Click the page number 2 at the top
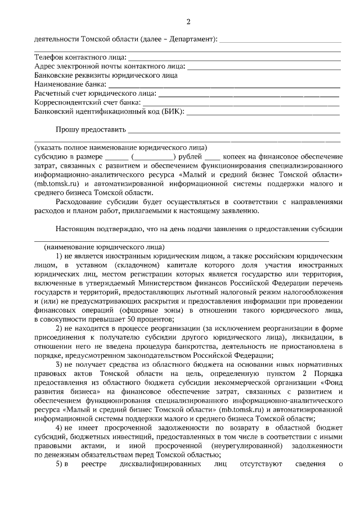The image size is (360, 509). click(188, 22)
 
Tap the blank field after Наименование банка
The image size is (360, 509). click(220, 84)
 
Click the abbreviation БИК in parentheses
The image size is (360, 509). click(172, 111)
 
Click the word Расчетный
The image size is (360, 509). click(52, 93)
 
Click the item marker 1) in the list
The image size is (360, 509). click(60, 256)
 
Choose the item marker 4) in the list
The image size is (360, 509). click(60, 428)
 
